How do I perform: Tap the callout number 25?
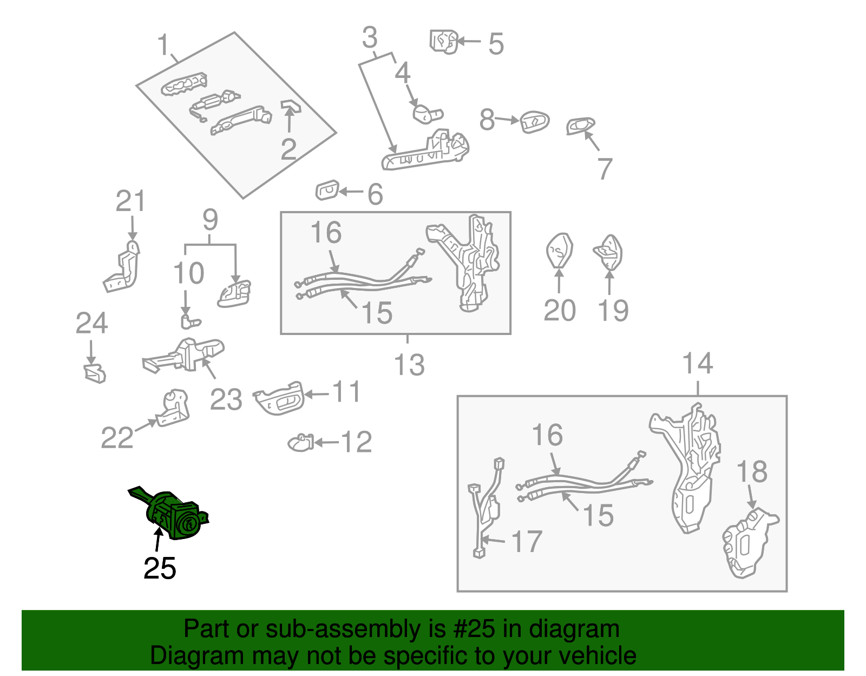point(160,568)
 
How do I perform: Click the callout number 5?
point(496,44)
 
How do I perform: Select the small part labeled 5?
point(444,41)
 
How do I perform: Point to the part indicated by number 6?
point(327,191)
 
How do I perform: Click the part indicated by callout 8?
point(534,122)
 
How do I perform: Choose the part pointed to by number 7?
point(580,126)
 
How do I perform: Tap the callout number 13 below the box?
point(409,365)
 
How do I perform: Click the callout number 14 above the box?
point(698,363)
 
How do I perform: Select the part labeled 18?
point(750,543)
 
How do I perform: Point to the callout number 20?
point(559,311)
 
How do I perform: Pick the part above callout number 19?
point(609,252)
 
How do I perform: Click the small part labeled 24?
point(95,373)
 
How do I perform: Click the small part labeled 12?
point(300,443)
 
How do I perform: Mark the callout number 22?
point(117,437)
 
